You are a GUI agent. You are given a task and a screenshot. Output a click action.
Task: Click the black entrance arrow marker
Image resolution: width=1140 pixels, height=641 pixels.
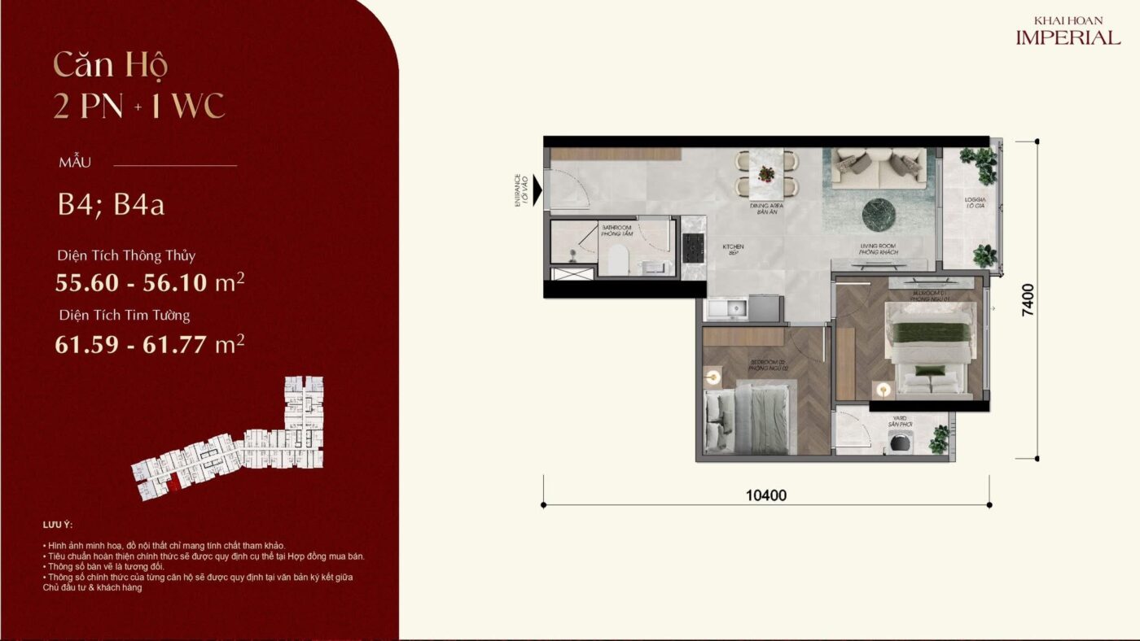coord(537,192)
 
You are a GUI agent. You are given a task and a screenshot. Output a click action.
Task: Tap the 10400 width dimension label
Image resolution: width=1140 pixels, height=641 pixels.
coord(765,495)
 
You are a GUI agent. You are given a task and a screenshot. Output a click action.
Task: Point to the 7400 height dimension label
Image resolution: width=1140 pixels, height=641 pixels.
coord(1028,299)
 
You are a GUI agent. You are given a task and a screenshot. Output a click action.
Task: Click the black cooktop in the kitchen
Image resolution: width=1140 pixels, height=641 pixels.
coord(694,248)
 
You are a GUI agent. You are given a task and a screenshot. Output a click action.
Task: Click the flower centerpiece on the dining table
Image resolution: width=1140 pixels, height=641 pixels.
coord(766,173)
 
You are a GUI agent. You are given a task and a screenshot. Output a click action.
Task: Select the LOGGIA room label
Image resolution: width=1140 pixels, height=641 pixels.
coord(975,203)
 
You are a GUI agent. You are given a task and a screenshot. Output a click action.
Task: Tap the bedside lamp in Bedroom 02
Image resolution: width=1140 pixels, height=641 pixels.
coord(714,377)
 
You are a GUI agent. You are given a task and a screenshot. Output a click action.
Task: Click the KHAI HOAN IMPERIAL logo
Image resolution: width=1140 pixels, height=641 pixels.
coord(1068,32)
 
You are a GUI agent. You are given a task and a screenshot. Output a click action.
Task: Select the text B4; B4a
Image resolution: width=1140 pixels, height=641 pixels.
coord(111,204)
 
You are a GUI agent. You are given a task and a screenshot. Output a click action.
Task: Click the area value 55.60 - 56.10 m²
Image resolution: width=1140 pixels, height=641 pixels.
coord(150,283)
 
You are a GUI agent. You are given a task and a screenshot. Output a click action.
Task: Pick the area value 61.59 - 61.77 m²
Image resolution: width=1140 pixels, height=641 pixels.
coord(150,344)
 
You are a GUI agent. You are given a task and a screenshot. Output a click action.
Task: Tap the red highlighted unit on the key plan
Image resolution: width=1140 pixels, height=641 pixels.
coord(174,486)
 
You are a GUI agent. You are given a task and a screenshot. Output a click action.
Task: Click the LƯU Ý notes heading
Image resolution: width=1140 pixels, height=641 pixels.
coord(57,525)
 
